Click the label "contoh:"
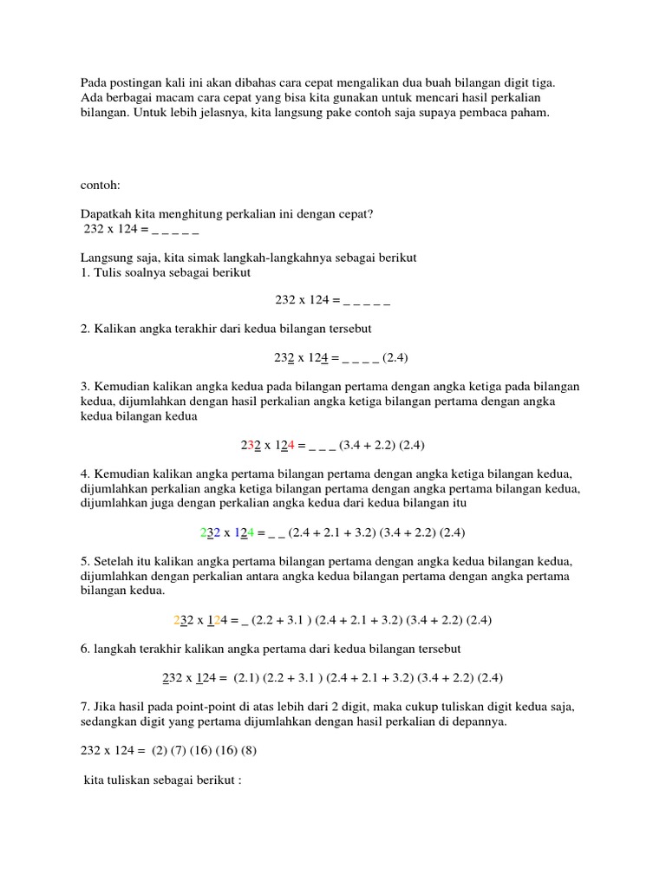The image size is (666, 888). [x=102, y=186]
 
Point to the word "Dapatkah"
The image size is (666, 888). [x=106, y=214]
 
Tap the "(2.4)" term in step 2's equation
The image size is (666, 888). [x=395, y=357]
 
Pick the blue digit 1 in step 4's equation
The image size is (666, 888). [x=237, y=532]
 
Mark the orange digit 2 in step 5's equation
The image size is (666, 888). [x=178, y=619]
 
